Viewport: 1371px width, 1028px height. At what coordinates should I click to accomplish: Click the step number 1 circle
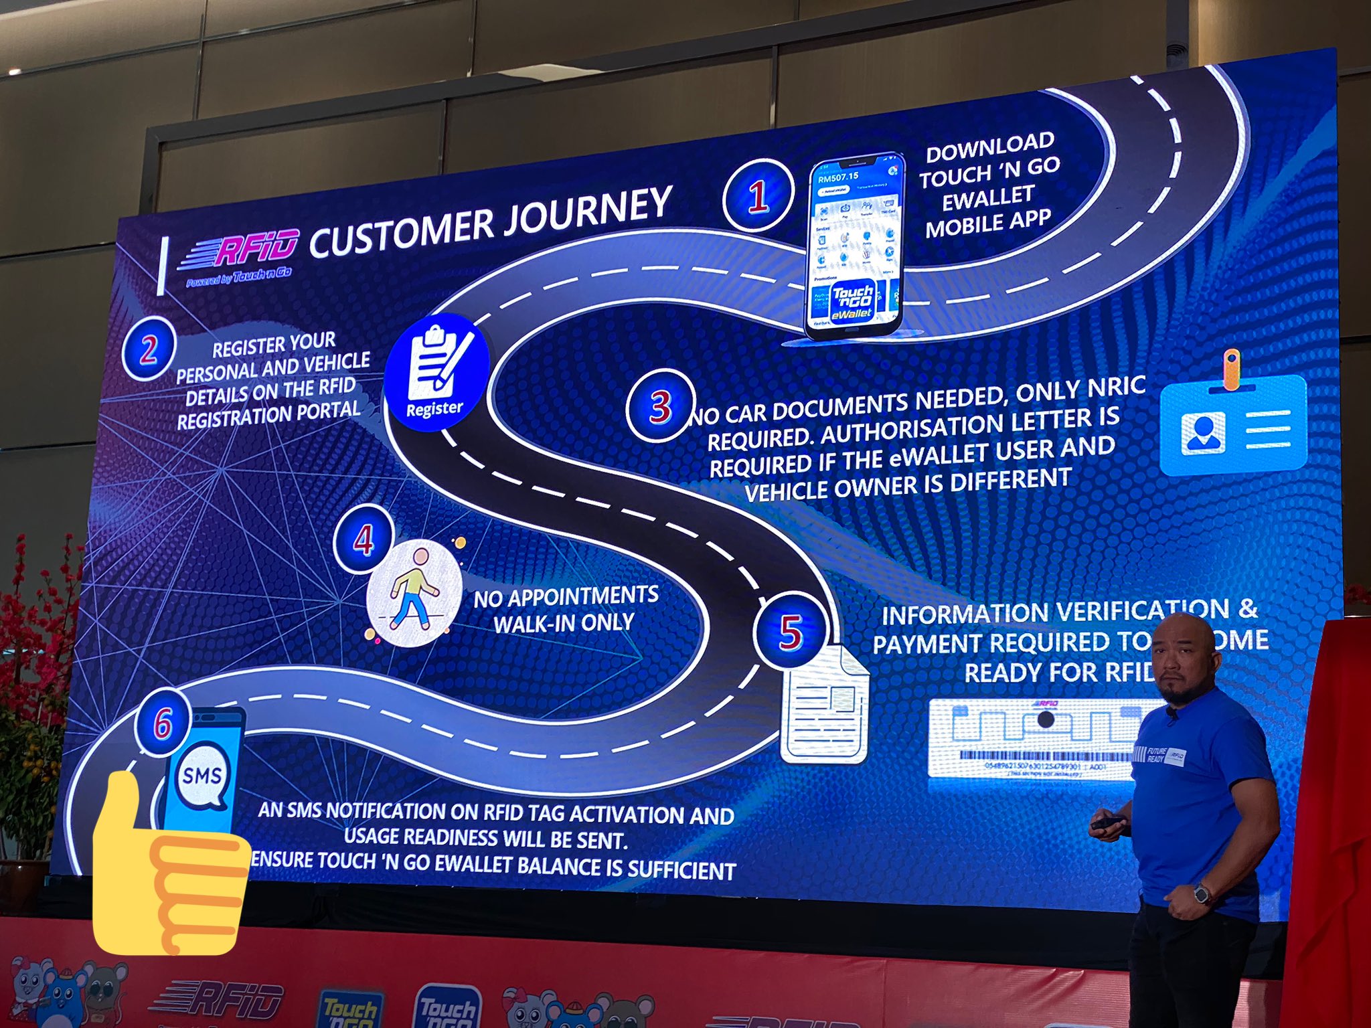[x=758, y=195]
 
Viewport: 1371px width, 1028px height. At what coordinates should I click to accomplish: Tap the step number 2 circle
[x=149, y=349]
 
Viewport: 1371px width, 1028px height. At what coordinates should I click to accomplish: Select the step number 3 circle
[x=660, y=406]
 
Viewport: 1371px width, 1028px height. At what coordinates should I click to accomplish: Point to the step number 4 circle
[x=363, y=539]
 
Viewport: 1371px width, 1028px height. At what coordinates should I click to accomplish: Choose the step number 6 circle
[x=163, y=723]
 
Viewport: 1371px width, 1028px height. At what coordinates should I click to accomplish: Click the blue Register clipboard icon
[x=436, y=371]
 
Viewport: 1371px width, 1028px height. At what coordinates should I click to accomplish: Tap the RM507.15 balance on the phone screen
[x=837, y=177]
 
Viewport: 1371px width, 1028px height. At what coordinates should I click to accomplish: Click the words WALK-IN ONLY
[x=564, y=624]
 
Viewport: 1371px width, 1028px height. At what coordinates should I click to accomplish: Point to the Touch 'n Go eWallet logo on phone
[x=852, y=301]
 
